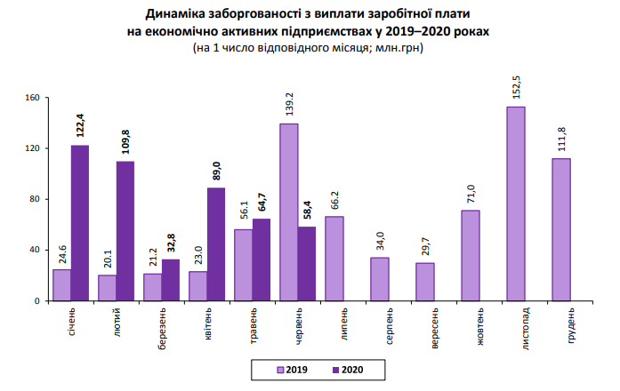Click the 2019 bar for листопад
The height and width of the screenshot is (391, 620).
(x=516, y=203)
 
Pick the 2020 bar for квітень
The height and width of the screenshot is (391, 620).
(x=216, y=243)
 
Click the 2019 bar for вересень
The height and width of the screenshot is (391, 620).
(x=425, y=282)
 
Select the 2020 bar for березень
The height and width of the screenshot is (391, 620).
(x=171, y=280)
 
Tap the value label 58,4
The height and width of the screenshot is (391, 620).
(x=307, y=209)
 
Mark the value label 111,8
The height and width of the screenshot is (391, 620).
(x=561, y=140)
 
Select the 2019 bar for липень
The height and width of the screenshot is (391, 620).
(x=334, y=259)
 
